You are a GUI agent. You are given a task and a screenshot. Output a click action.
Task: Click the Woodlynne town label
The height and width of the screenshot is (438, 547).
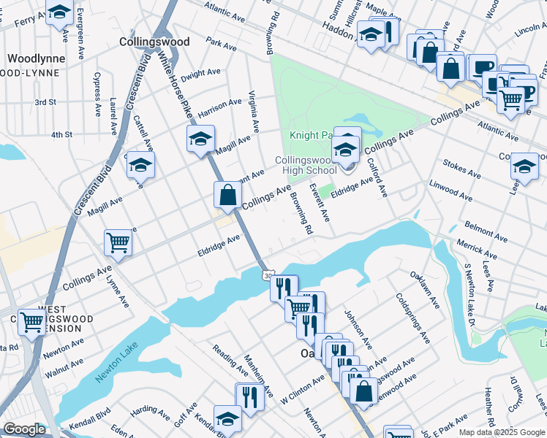click(x=36, y=58)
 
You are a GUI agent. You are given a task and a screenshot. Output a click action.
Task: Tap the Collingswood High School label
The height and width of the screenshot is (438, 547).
click(x=306, y=166)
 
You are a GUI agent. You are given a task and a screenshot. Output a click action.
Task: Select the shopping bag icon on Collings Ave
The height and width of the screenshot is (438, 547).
click(x=228, y=194)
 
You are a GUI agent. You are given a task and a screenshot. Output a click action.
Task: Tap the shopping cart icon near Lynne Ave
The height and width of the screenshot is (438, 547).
click(x=118, y=242)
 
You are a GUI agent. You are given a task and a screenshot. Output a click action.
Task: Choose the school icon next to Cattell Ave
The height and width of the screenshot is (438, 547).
click(x=140, y=165)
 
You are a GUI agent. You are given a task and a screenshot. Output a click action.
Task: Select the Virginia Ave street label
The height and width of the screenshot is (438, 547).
click(x=254, y=111)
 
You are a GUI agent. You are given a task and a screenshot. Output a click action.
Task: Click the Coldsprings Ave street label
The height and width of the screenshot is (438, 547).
click(x=412, y=318)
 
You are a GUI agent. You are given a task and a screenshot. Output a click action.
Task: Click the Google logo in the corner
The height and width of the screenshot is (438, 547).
click(x=24, y=429)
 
